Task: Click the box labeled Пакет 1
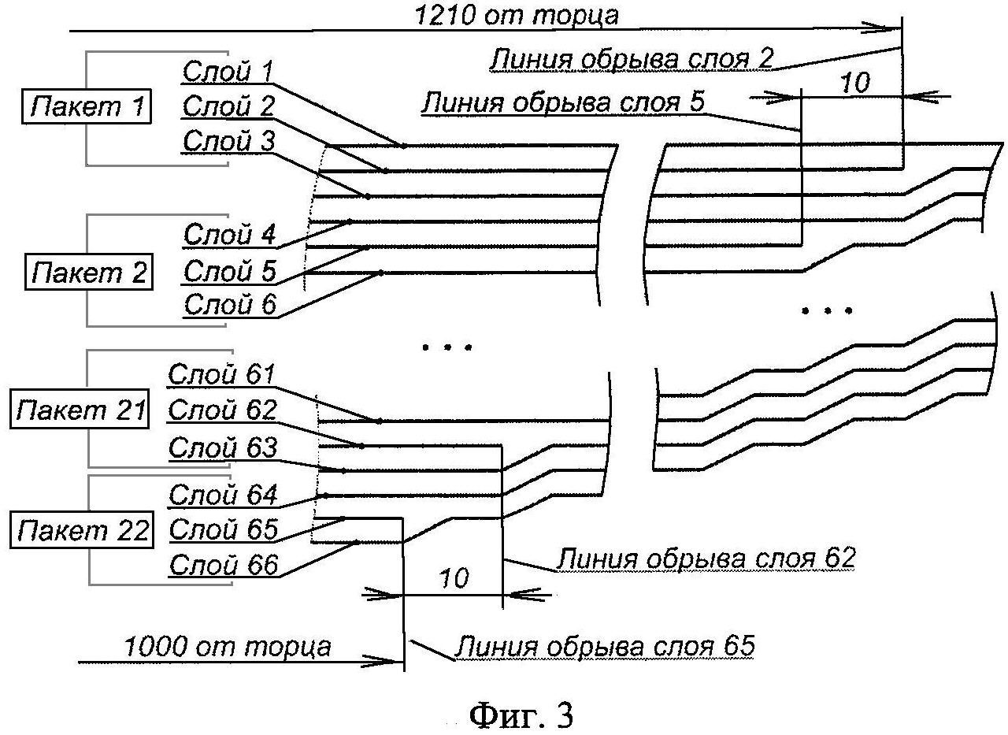tap(87, 106)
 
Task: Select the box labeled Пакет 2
tap(89, 272)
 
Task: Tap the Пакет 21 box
tap(80, 409)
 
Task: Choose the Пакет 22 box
tap(81, 529)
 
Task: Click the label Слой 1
tap(228, 71)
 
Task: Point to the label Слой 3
tap(228, 140)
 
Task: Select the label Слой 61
tap(221, 373)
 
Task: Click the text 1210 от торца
tap(516, 15)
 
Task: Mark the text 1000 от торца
tap(228, 647)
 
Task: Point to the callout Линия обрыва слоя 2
tap(631, 58)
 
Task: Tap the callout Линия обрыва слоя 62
tap(706, 558)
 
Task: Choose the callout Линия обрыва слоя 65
tap(604, 646)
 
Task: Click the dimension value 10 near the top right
tap(854, 83)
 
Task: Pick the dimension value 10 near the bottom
tap(453, 577)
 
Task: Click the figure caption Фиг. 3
tap(521, 715)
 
